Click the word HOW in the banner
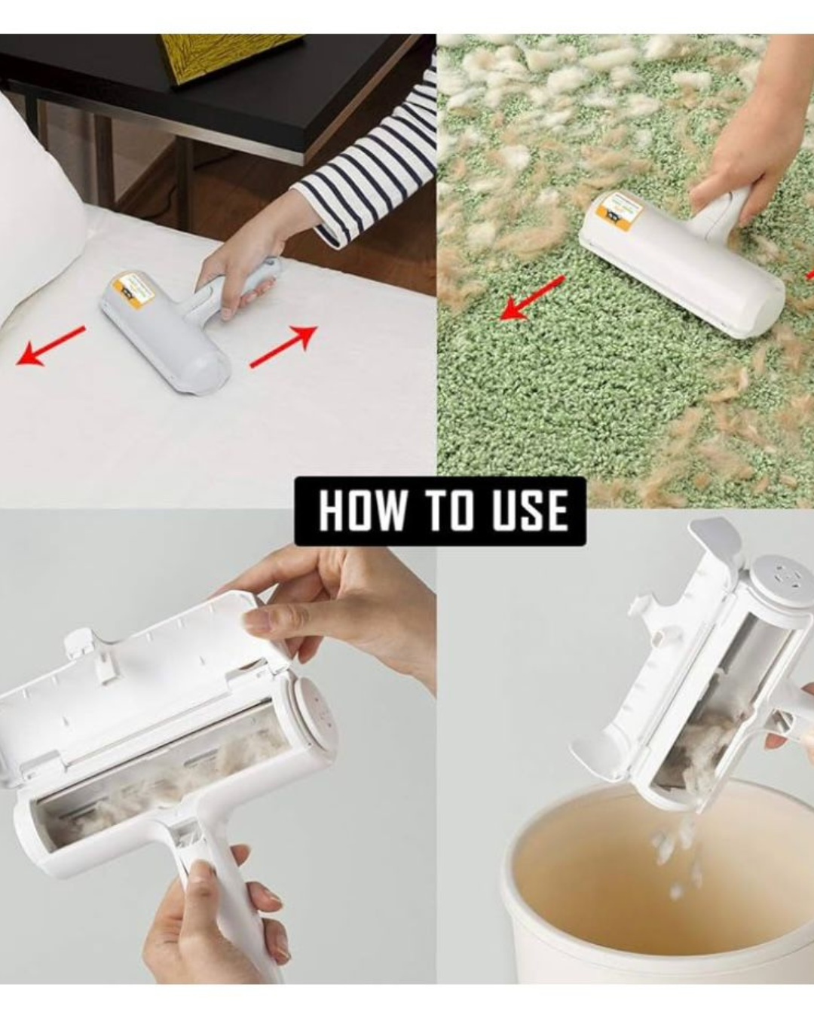pos(362,511)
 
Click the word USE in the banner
pos(531,511)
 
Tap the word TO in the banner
pos(449,511)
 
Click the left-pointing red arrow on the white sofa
pos(50,346)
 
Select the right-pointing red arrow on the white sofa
pos(283,346)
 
